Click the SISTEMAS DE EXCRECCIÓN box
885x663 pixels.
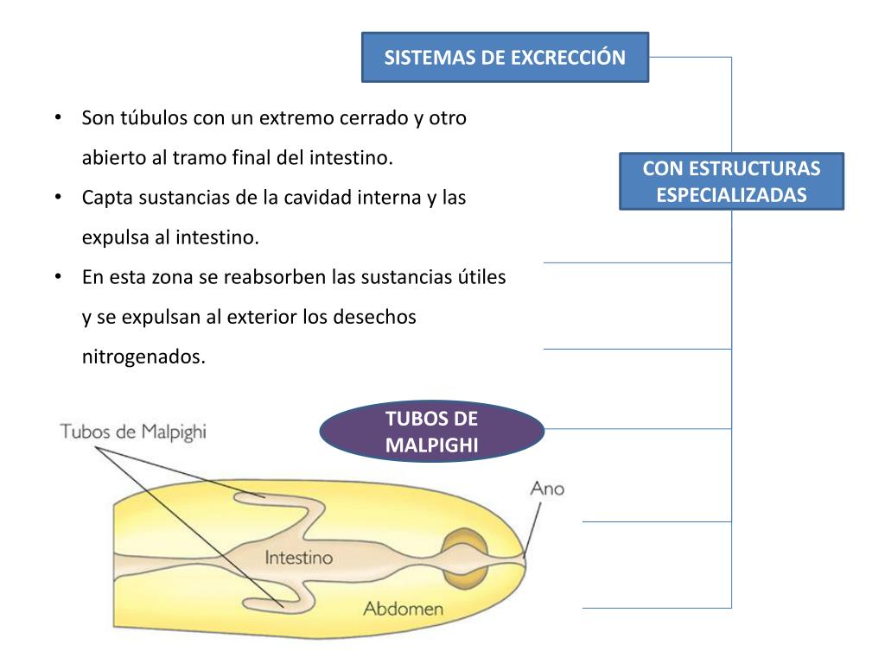pos(505,57)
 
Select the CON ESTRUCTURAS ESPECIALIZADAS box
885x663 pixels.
pos(731,181)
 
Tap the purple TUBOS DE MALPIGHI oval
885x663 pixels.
pos(431,431)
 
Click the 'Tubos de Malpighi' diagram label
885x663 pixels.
pos(133,431)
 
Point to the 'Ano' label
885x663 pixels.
pos(546,489)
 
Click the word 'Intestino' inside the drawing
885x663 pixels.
pos(298,558)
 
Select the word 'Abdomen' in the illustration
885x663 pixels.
pos(403,609)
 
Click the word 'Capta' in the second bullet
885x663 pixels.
pos(105,198)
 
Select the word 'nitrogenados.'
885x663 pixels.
pos(144,357)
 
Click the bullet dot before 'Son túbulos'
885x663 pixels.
pos(57,118)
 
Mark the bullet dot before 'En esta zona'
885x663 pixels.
pos(57,277)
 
